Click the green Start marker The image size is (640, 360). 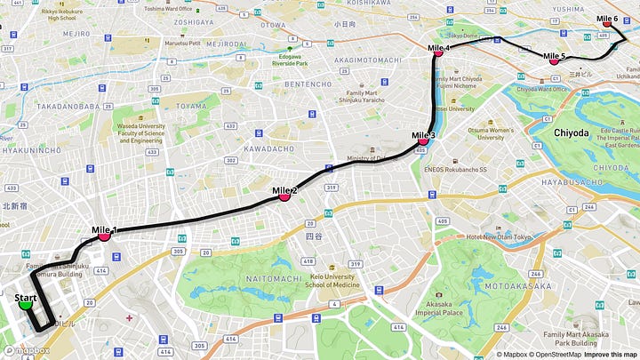tap(26, 304)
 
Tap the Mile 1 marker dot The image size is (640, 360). tap(104, 236)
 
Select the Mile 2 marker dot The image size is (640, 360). tap(284, 196)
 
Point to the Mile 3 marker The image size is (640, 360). tap(423, 140)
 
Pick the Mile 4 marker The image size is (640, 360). tap(438, 52)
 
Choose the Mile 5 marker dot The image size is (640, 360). tap(554, 61)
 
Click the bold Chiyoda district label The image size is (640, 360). tap(572, 132)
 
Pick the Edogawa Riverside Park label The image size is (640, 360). tap(291, 59)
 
